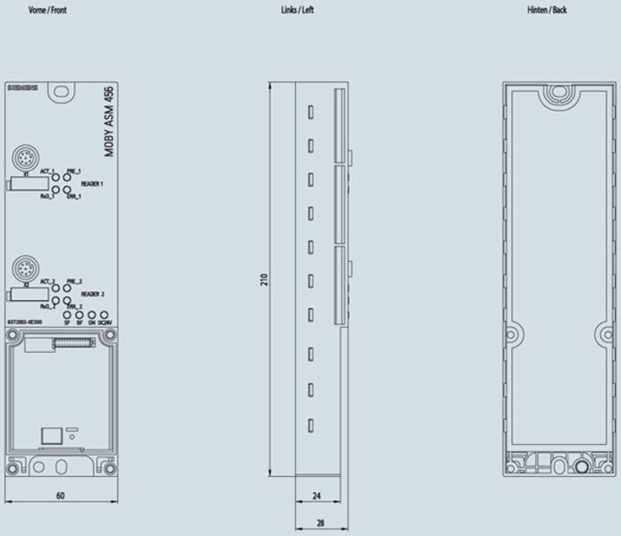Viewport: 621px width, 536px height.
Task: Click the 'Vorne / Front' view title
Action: [48, 11]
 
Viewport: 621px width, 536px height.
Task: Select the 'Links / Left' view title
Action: [297, 11]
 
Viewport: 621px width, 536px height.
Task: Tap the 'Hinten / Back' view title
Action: [546, 11]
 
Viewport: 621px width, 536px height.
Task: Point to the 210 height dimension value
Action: [264, 280]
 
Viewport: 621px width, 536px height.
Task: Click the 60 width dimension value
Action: [60, 494]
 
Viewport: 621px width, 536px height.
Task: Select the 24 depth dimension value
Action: [315, 494]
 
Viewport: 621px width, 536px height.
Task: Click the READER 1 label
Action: [93, 183]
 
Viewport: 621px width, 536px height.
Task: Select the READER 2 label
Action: [93, 293]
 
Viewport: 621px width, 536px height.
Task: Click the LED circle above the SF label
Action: [67, 314]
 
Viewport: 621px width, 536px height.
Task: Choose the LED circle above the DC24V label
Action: [105, 314]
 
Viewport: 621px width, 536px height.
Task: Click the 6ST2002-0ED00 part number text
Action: [23, 322]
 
